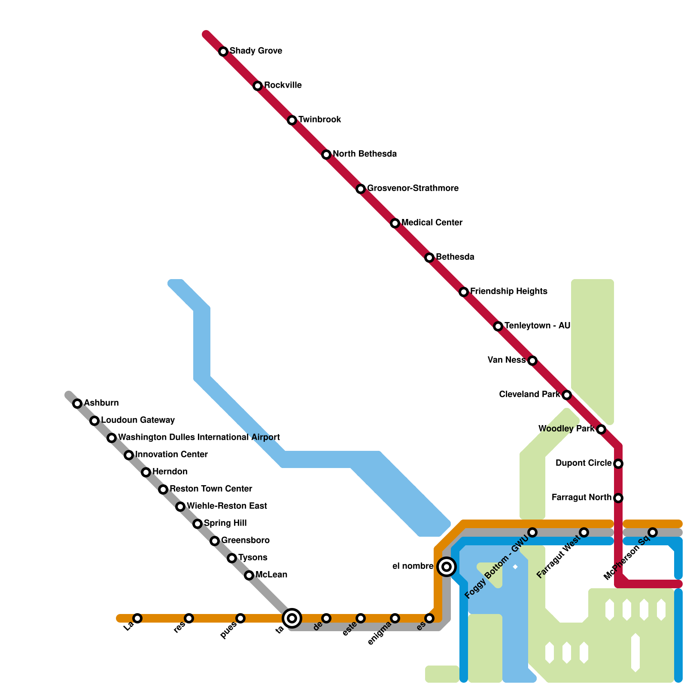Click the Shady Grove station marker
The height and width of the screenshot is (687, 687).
(223, 52)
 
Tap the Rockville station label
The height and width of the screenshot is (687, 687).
(283, 85)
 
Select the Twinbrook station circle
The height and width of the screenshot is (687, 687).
(292, 120)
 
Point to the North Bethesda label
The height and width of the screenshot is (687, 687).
(365, 154)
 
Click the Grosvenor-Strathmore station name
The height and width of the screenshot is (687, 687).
(413, 188)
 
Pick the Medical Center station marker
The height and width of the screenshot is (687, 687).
(395, 223)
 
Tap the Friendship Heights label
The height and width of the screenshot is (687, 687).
(508, 291)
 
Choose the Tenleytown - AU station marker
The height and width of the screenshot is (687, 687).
(498, 326)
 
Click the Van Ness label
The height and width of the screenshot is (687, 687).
(507, 360)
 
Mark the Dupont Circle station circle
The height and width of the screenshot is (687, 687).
(618, 464)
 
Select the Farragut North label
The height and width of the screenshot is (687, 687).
(581, 497)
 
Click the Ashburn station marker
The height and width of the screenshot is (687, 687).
(77, 404)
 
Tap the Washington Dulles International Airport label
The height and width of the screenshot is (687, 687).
(199, 437)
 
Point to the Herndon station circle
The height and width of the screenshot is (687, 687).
(146, 472)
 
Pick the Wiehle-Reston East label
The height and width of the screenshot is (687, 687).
(227, 506)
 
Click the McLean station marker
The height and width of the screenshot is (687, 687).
(249, 575)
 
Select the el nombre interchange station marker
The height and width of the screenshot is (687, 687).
(447, 567)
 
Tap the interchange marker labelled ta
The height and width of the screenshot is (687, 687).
(292, 618)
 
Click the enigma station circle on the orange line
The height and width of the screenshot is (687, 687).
(395, 618)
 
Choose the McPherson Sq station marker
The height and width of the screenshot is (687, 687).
(653, 532)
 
